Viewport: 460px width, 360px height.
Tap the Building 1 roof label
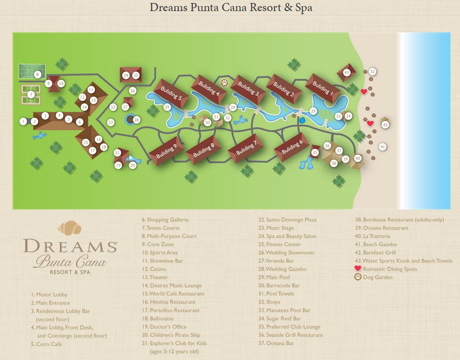(322, 88)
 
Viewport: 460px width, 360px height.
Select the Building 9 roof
(166, 151)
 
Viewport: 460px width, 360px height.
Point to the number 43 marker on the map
(347, 73)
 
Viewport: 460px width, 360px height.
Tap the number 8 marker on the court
(37, 75)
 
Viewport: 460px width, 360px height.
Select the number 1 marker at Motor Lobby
(23, 121)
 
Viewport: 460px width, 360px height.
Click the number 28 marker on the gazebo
(136, 119)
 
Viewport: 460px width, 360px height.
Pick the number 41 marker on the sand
(382, 147)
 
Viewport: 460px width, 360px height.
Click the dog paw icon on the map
(224, 82)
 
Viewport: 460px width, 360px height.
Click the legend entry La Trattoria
(372, 236)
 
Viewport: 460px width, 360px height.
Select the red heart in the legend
(358, 269)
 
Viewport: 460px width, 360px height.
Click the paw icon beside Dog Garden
(358, 277)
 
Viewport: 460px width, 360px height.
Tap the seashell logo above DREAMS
(70, 228)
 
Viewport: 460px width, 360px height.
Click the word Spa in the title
(302, 9)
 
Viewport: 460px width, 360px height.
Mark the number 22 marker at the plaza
(111, 122)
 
